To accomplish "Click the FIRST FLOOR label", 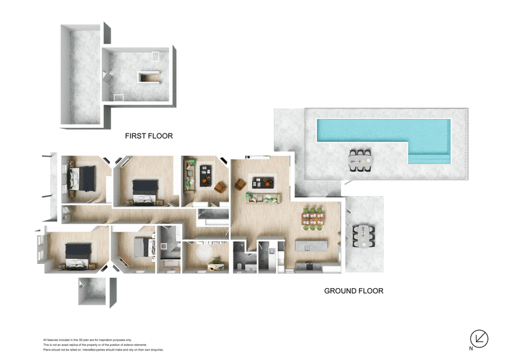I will (x=149, y=135).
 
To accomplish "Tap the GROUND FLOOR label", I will (x=354, y=291).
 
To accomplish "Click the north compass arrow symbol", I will (x=478, y=338).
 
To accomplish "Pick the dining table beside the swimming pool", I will (x=360, y=161).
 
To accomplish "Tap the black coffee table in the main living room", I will (x=263, y=183).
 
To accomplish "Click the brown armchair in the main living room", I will (x=241, y=184).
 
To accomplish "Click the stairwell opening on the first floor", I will (x=150, y=78).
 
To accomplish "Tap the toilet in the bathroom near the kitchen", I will (x=237, y=262).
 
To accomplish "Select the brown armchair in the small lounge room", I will (x=221, y=186).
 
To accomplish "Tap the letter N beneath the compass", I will (x=471, y=349).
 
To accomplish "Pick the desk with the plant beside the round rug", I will (x=220, y=265).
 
